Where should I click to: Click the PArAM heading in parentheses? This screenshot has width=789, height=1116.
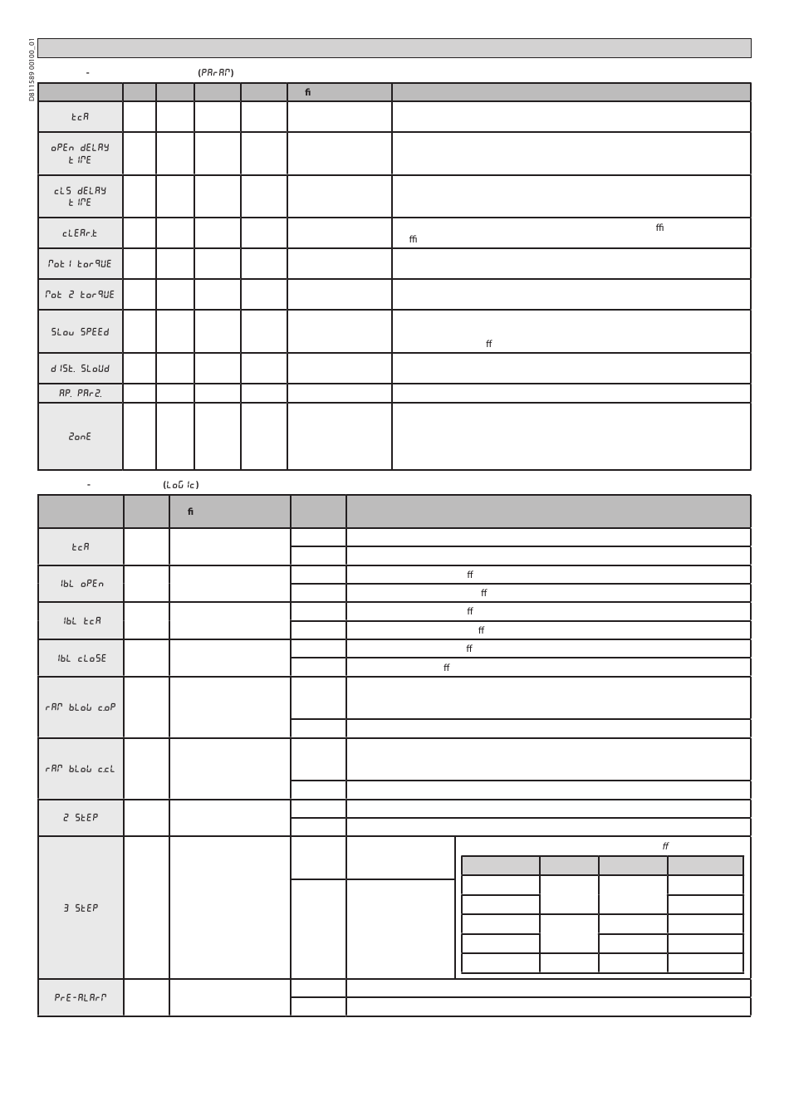point(216,73)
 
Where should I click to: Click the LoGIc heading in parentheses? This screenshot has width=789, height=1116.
point(181,485)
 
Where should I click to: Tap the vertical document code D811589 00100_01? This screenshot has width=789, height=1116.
point(32,70)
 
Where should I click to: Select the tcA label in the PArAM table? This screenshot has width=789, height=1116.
point(80,117)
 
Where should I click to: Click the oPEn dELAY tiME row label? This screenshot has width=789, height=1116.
point(80,154)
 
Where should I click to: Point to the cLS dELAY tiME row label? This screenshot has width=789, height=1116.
point(80,197)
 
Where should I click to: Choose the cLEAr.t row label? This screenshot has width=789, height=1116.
point(80,233)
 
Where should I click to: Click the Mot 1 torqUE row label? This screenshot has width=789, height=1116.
point(80,264)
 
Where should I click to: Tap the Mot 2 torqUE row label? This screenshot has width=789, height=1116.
point(80,295)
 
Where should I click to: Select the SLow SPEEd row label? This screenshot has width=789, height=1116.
point(80,332)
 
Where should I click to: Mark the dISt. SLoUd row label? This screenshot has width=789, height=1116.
point(80,369)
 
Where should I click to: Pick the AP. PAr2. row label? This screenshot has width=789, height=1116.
point(80,394)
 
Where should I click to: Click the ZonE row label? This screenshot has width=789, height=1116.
point(80,437)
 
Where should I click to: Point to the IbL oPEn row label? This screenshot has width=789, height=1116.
point(81,584)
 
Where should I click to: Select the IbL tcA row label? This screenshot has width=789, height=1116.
point(81,621)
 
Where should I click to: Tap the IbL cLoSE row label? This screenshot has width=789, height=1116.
point(81,658)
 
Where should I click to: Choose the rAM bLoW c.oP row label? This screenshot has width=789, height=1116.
point(81,707)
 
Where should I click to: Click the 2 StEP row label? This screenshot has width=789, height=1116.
point(81,818)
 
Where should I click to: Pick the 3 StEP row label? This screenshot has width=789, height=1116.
point(81,908)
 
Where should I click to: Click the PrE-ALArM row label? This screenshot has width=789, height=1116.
point(81,997)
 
